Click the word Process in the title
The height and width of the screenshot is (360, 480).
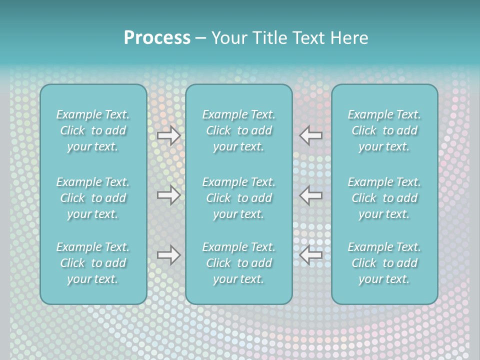click(x=157, y=38)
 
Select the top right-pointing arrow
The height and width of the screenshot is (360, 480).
click(x=169, y=135)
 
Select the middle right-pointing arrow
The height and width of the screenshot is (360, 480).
click(x=169, y=195)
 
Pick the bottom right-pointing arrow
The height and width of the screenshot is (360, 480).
click(x=169, y=255)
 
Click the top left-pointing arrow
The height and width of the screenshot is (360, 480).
click(x=311, y=135)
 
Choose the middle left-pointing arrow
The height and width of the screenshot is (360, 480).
click(x=311, y=195)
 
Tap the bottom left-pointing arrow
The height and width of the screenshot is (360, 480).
click(x=311, y=255)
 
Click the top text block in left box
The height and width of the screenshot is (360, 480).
click(x=93, y=130)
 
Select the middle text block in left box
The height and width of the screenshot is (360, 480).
click(x=93, y=198)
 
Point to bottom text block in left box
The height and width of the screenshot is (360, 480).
click(x=93, y=263)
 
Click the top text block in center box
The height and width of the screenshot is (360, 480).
click(x=239, y=130)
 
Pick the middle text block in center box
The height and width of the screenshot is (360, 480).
click(x=239, y=198)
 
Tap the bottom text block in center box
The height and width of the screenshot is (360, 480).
click(x=239, y=263)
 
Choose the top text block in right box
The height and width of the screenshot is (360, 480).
click(x=384, y=130)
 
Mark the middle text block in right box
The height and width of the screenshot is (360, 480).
click(x=384, y=198)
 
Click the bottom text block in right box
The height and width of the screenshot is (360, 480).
click(x=384, y=263)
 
